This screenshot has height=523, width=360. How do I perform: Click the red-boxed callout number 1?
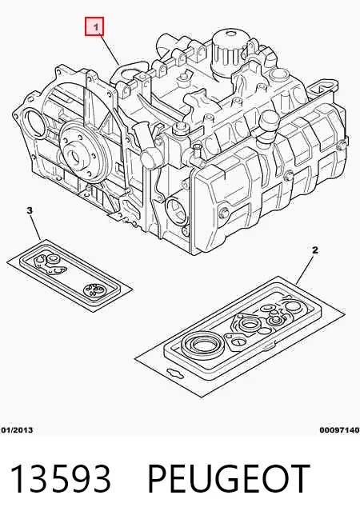pyautogui.click(x=94, y=26)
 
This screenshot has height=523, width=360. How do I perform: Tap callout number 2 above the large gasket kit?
pyautogui.click(x=315, y=250)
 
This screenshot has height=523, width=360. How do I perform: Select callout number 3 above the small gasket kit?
pyautogui.click(x=30, y=210)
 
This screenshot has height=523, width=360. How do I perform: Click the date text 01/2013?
pyautogui.click(x=17, y=430)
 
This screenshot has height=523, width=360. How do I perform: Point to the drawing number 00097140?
pyautogui.click(x=340, y=430)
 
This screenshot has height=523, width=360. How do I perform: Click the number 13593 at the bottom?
pyautogui.click(x=60, y=478)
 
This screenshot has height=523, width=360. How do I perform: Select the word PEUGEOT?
pyautogui.click(x=228, y=478)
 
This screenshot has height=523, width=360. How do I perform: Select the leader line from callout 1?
pyautogui.click(x=109, y=50)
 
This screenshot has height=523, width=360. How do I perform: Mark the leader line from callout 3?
pyautogui.click(x=36, y=227)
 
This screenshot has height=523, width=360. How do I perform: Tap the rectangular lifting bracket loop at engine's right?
pyautogui.click(x=322, y=87)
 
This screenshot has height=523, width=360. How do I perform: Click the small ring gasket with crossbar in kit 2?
pyautogui.click(x=238, y=342)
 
